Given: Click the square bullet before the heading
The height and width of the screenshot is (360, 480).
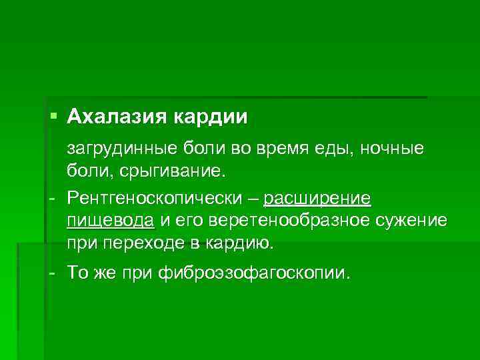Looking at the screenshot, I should point(54,117).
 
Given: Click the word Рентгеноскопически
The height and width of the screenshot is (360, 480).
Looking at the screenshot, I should point(153,199).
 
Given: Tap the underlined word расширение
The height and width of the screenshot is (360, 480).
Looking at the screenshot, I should point(317,199).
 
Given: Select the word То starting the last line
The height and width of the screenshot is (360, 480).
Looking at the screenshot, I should point(78,273).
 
